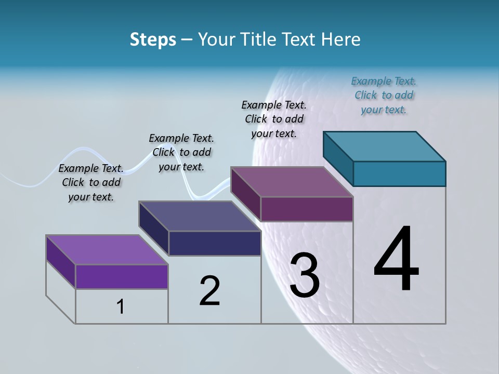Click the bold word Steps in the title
tap(153, 39)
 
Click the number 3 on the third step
tap(305, 275)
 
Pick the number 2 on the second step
tap(210, 290)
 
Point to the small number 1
tap(121, 306)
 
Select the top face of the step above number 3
tap(291, 182)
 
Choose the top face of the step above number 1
tap(107, 250)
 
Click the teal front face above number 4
tap(399, 173)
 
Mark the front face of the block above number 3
tap(307, 209)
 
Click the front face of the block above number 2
tap(215, 243)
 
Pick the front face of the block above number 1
tap(122, 276)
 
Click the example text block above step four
tap(384, 95)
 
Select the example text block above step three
tap(274, 119)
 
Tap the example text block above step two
tap(181, 152)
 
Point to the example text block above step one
tap(91, 182)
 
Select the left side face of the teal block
tap(338, 158)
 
